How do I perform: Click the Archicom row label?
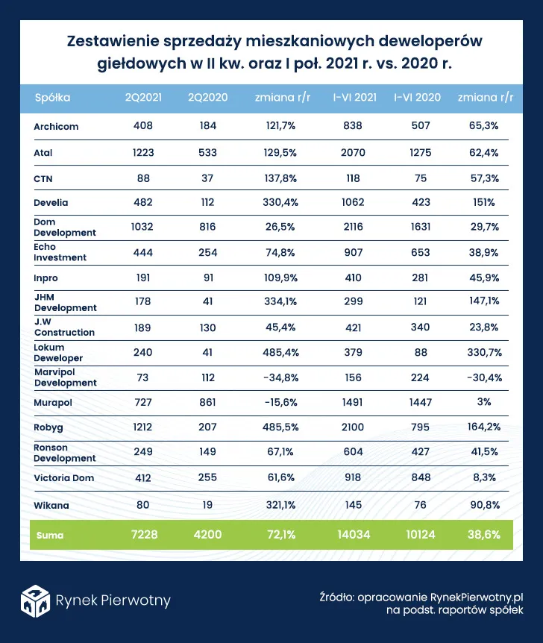[x=56, y=126]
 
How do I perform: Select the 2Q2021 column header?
[x=143, y=97]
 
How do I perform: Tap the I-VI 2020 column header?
[x=417, y=97]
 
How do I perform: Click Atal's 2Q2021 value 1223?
[x=143, y=153]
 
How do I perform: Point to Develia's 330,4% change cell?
[x=280, y=202]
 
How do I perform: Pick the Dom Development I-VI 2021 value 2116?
[x=353, y=227]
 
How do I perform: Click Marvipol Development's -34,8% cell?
[x=280, y=377]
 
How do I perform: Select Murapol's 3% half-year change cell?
[x=484, y=401]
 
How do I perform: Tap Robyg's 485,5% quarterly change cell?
[x=280, y=427]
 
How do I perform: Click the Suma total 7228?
[x=145, y=534]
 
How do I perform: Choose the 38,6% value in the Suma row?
[x=484, y=534]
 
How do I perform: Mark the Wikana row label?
[x=51, y=505]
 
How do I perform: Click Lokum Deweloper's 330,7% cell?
[x=484, y=352]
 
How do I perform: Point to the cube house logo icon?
[x=35, y=600]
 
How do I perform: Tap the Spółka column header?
[x=52, y=98]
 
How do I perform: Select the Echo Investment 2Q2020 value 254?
[x=207, y=252]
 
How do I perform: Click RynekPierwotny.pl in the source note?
[x=477, y=597]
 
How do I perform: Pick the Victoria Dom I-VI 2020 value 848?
[x=421, y=477]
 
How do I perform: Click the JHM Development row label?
[x=65, y=303]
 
